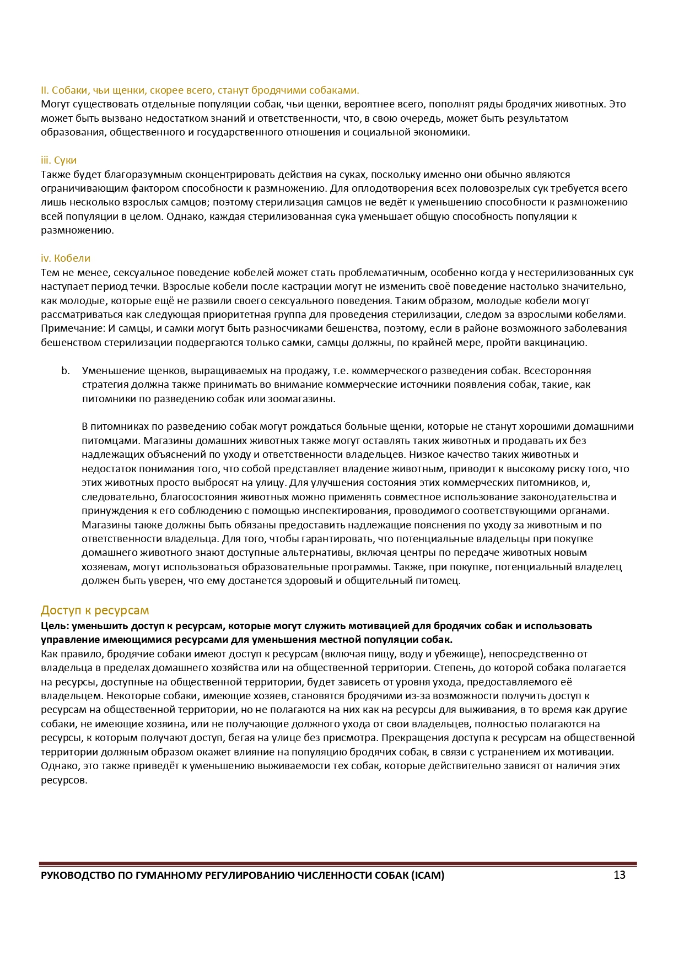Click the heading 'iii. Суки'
(x=58, y=160)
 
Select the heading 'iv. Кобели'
(x=65, y=258)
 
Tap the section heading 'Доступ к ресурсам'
(x=95, y=611)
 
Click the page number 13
(x=619, y=876)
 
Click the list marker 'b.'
(x=66, y=371)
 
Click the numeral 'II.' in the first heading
(x=45, y=90)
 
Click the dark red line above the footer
(x=338, y=863)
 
